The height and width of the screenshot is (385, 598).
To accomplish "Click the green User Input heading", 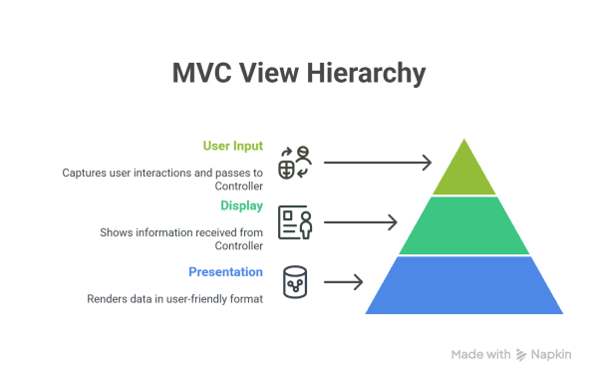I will click(x=233, y=146).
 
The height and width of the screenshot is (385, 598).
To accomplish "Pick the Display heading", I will click(x=241, y=206).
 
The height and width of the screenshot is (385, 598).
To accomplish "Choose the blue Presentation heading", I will click(x=225, y=271).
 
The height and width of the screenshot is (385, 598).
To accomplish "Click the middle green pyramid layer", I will click(x=463, y=225).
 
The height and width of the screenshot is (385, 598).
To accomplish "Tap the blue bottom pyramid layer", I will click(x=463, y=285).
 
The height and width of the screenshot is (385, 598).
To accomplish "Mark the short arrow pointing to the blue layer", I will click(x=343, y=282).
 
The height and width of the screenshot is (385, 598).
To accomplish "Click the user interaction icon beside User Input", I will click(x=294, y=163).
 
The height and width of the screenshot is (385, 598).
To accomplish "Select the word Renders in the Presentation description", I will click(x=106, y=298).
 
